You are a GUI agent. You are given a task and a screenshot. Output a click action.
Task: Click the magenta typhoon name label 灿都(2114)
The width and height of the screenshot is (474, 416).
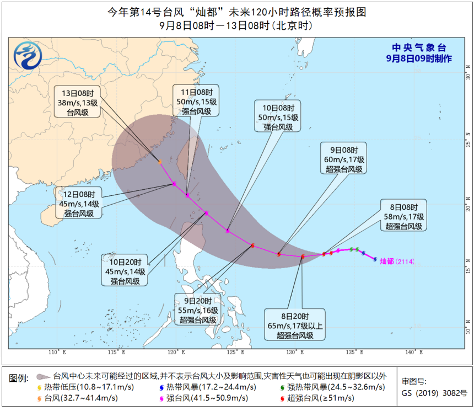(x=396, y=262)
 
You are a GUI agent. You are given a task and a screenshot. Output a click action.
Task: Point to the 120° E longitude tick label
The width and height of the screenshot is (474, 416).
(x=176, y=353)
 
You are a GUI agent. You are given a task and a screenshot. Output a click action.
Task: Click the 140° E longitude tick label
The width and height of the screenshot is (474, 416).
(x=413, y=353)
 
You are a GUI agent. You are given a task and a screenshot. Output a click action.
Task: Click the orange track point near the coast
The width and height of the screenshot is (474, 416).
(x=160, y=162)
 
